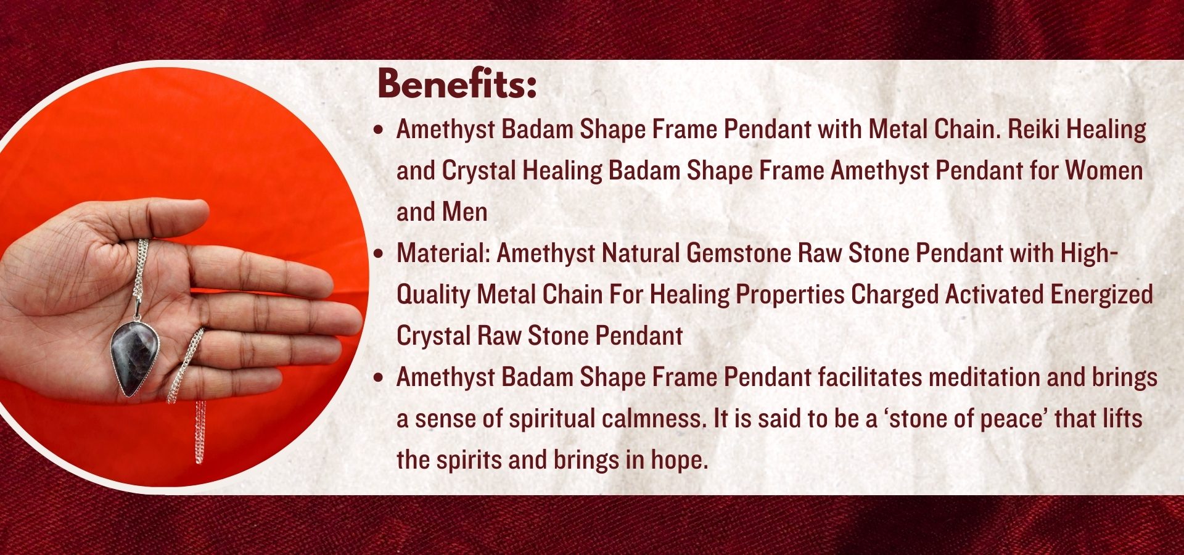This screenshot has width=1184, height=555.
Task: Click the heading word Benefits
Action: pos(456,84)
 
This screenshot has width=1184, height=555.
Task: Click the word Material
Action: pos(443,253)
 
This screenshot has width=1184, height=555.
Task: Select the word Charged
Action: pos(895,295)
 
